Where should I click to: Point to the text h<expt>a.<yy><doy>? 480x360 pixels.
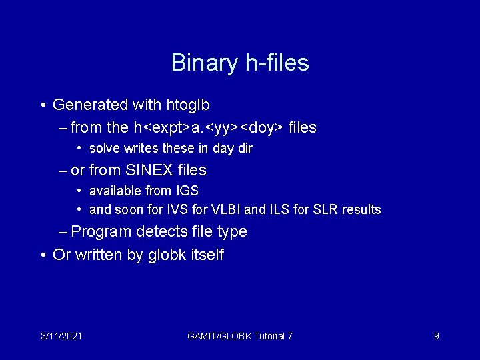(x=209, y=127)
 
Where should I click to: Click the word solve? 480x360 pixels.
(x=103, y=148)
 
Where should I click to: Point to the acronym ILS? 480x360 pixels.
(x=285, y=209)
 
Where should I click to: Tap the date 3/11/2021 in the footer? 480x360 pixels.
(x=61, y=336)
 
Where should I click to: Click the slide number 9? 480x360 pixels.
(x=436, y=336)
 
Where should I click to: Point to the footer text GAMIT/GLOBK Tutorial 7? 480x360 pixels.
(x=240, y=336)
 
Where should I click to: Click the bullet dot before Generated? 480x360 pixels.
(x=43, y=105)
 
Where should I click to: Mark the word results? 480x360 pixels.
(x=361, y=209)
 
